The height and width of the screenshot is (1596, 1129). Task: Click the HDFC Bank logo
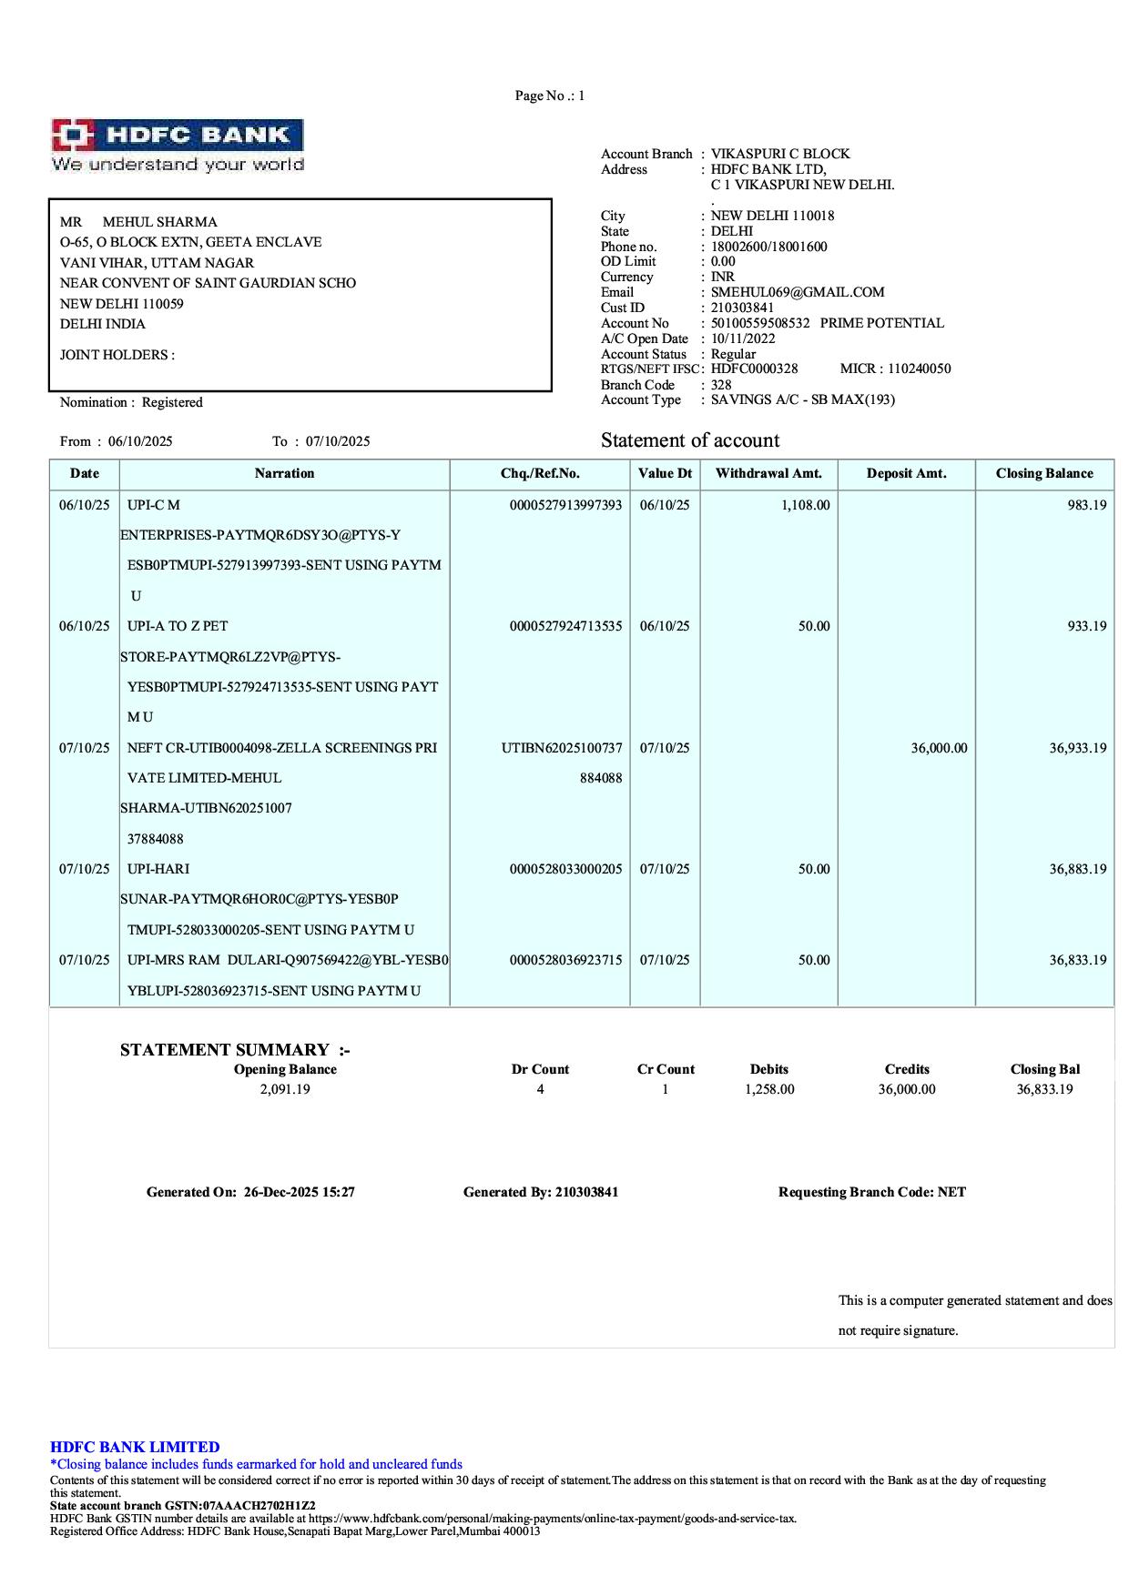click(x=177, y=145)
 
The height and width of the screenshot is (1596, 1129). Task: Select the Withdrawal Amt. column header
click(x=768, y=473)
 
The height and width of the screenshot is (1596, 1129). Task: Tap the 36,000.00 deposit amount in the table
click(x=939, y=748)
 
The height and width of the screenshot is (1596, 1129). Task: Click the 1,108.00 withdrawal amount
click(x=805, y=505)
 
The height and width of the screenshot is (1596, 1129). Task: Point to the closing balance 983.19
click(x=1087, y=505)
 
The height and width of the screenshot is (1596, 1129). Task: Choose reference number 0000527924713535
click(x=565, y=626)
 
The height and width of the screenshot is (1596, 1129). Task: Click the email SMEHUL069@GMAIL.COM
click(x=798, y=292)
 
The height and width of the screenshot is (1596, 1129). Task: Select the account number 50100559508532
click(x=760, y=323)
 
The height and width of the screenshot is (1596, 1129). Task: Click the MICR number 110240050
click(x=919, y=369)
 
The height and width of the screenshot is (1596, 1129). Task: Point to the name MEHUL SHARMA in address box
click(x=159, y=222)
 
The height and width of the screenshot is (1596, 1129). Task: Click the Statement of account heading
click(x=690, y=440)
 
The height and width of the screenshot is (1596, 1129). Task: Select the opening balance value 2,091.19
click(x=285, y=1089)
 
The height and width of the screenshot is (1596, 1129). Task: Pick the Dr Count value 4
click(x=540, y=1089)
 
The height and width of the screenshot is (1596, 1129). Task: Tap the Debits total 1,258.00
click(x=769, y=1089)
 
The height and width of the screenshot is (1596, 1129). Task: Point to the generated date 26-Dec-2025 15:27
click(x=299, y=1192)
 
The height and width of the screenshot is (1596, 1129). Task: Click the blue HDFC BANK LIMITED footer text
click(x=135, y=1447)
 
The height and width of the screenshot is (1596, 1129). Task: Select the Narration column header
click(x=284, y=473)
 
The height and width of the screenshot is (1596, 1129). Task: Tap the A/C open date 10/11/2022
click(x=743, y=338)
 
